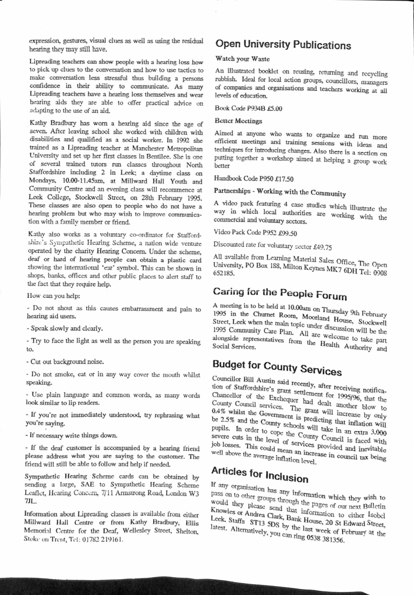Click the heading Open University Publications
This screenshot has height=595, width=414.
point(283,45)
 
